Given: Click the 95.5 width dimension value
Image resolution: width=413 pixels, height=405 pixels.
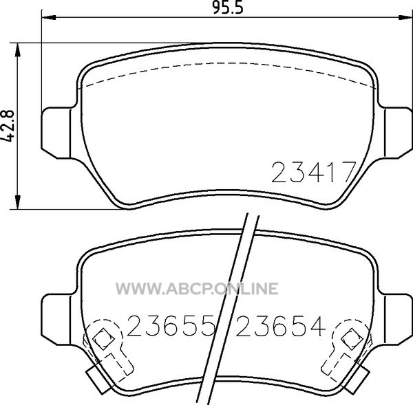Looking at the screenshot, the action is [x=228, y=8].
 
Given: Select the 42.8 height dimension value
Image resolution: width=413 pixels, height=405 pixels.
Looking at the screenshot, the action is [x=8, y=126].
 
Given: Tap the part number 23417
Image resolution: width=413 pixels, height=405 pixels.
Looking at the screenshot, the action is [x=313, y=172].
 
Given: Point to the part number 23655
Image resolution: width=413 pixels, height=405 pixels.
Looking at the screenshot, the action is [x=170, y=326].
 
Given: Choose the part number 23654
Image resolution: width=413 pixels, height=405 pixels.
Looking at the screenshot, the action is [x=281, y=326].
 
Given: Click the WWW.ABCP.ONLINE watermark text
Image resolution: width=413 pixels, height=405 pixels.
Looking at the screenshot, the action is [x=197, y=288].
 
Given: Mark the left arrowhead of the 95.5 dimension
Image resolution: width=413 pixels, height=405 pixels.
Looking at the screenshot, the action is [x=49, y=18].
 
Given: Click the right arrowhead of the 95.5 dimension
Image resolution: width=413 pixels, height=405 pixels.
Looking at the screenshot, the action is [x=405, y=18].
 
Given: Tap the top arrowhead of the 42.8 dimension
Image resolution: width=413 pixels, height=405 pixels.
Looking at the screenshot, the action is [x=17, y=50].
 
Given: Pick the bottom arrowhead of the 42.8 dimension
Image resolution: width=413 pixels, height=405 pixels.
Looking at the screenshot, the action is [x=17, y=202].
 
